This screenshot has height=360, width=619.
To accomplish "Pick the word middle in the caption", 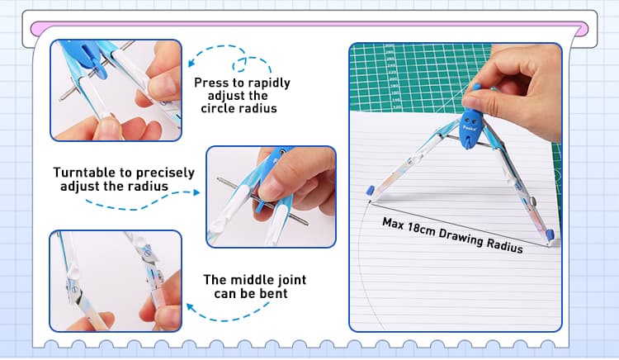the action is (248, 280).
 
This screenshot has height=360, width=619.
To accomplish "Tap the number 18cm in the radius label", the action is (421, 230).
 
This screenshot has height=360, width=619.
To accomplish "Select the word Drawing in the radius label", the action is (461, 238).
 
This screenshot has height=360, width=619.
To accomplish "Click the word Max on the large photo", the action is (393, 224).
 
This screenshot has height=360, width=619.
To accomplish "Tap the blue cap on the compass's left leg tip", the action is (371, 190).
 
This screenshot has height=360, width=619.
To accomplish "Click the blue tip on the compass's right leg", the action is (550, 234).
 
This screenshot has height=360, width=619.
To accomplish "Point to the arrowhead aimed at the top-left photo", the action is (191, 63).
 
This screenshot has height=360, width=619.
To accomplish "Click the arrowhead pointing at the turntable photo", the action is (196, 192).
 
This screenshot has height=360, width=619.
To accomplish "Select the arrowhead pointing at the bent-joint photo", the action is (190, 307).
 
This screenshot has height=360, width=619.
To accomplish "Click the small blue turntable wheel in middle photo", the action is (259, 206).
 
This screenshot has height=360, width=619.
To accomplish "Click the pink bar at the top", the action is (309, 27).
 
